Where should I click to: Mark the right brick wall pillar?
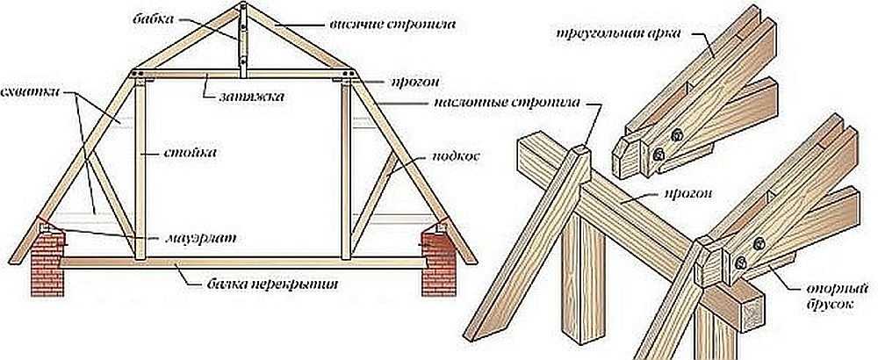click(436, 263)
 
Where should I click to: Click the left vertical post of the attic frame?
click(139, 167)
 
